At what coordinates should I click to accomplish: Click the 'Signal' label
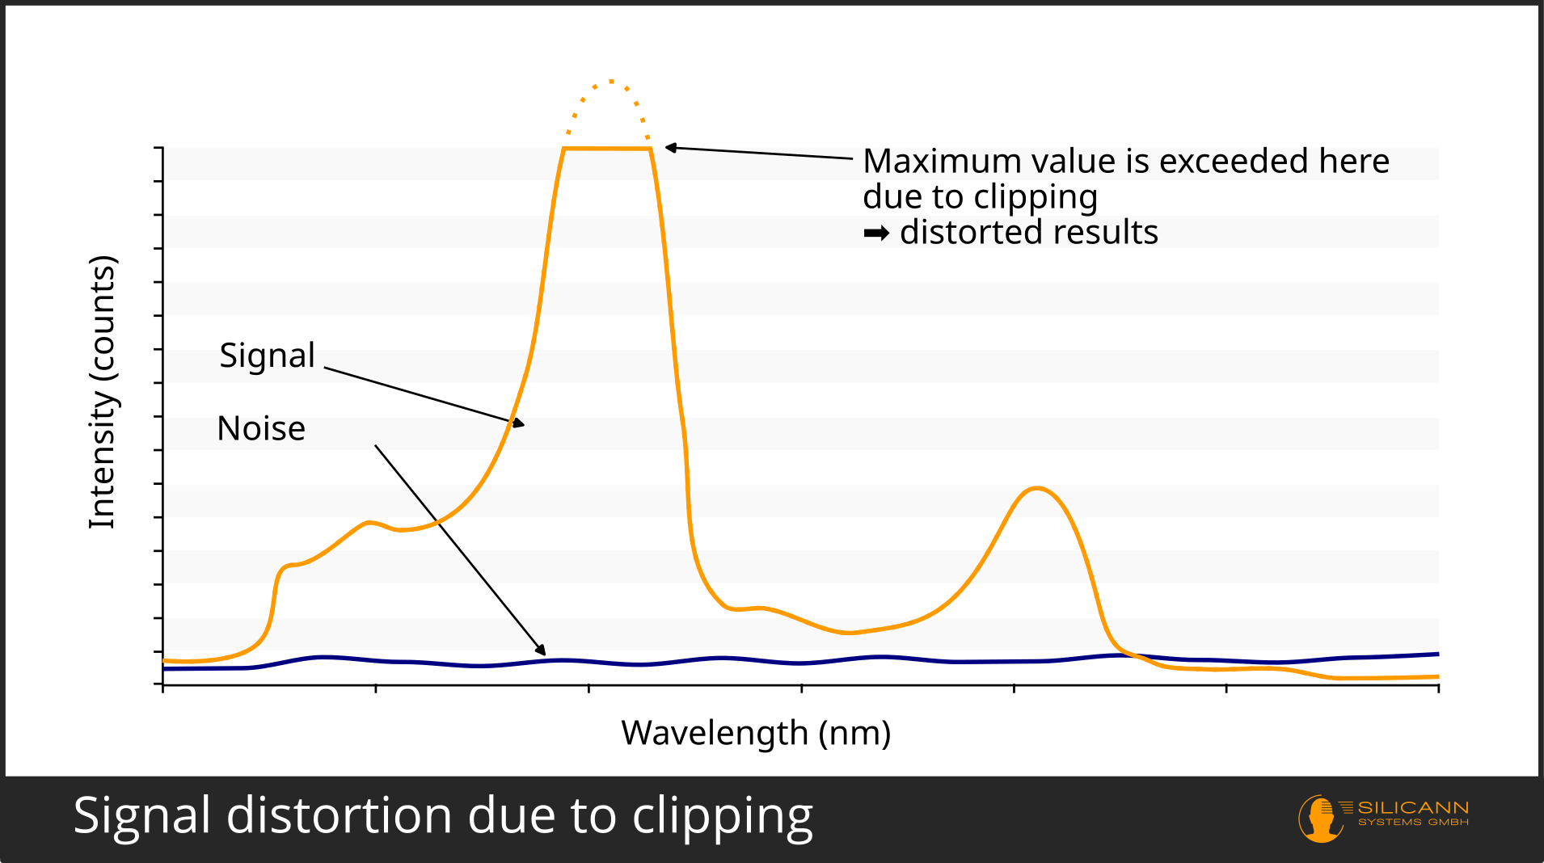[x=267, y=356]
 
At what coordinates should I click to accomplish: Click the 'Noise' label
[x=261, y=428]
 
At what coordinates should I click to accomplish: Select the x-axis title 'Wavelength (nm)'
[x=756, y=733]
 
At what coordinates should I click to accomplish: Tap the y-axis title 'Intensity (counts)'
[x=103, y=393]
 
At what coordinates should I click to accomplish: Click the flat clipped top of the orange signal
[x=607, y=149]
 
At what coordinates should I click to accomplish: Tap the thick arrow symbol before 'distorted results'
[x=876, y=234]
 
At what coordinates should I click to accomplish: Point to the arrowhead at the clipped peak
[x=670, y=148]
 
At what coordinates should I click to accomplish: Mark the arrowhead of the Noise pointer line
[x=541, y=650]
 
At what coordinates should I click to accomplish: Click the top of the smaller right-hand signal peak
[x=1037, y=488]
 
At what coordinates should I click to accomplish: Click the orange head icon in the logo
[x=1320, y=818]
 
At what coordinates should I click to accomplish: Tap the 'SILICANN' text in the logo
[x=1413, y=808]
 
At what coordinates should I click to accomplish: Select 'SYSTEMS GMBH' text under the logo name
[x=1413, y=823]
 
